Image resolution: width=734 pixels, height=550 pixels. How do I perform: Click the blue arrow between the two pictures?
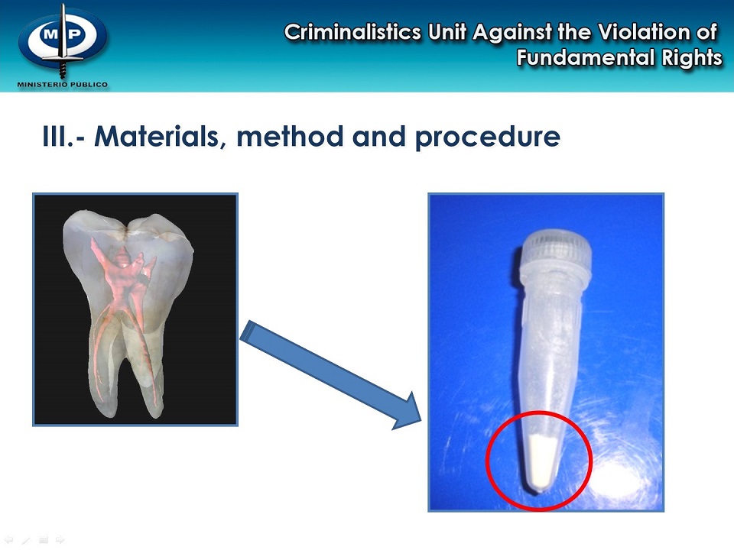click(329, 374)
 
